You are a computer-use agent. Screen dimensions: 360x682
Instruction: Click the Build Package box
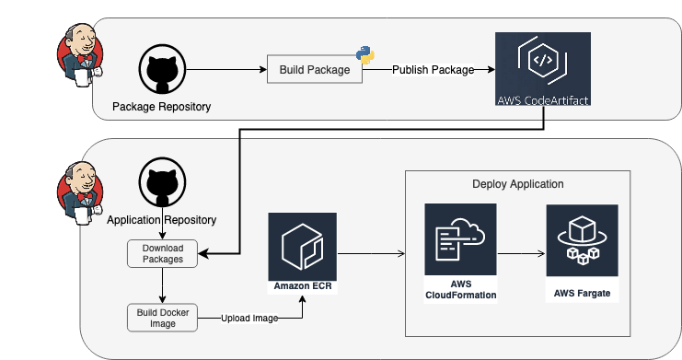(x=314, y=70)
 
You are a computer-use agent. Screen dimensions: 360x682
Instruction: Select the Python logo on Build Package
(x=365, y=54)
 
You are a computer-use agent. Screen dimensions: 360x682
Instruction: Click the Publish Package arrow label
(x=433, y=70)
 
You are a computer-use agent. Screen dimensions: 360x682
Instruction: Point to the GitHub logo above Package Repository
(x=160, y=70)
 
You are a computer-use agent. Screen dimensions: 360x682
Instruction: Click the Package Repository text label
(x=161, y=107)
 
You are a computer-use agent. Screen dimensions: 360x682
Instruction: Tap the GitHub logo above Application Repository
(x=160, y=183)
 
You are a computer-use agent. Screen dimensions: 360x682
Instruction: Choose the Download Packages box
(x=162, y=254)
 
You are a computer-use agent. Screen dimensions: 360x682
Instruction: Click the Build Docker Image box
(x=162, y=317)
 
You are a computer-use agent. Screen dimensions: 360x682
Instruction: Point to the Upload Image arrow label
(x=249, y=318)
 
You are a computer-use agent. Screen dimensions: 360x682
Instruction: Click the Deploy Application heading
(x=517, y=184)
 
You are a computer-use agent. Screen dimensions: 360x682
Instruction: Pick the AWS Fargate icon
(x=581, y=240)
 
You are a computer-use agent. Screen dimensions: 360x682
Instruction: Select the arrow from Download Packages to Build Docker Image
(x=162, y=285)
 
